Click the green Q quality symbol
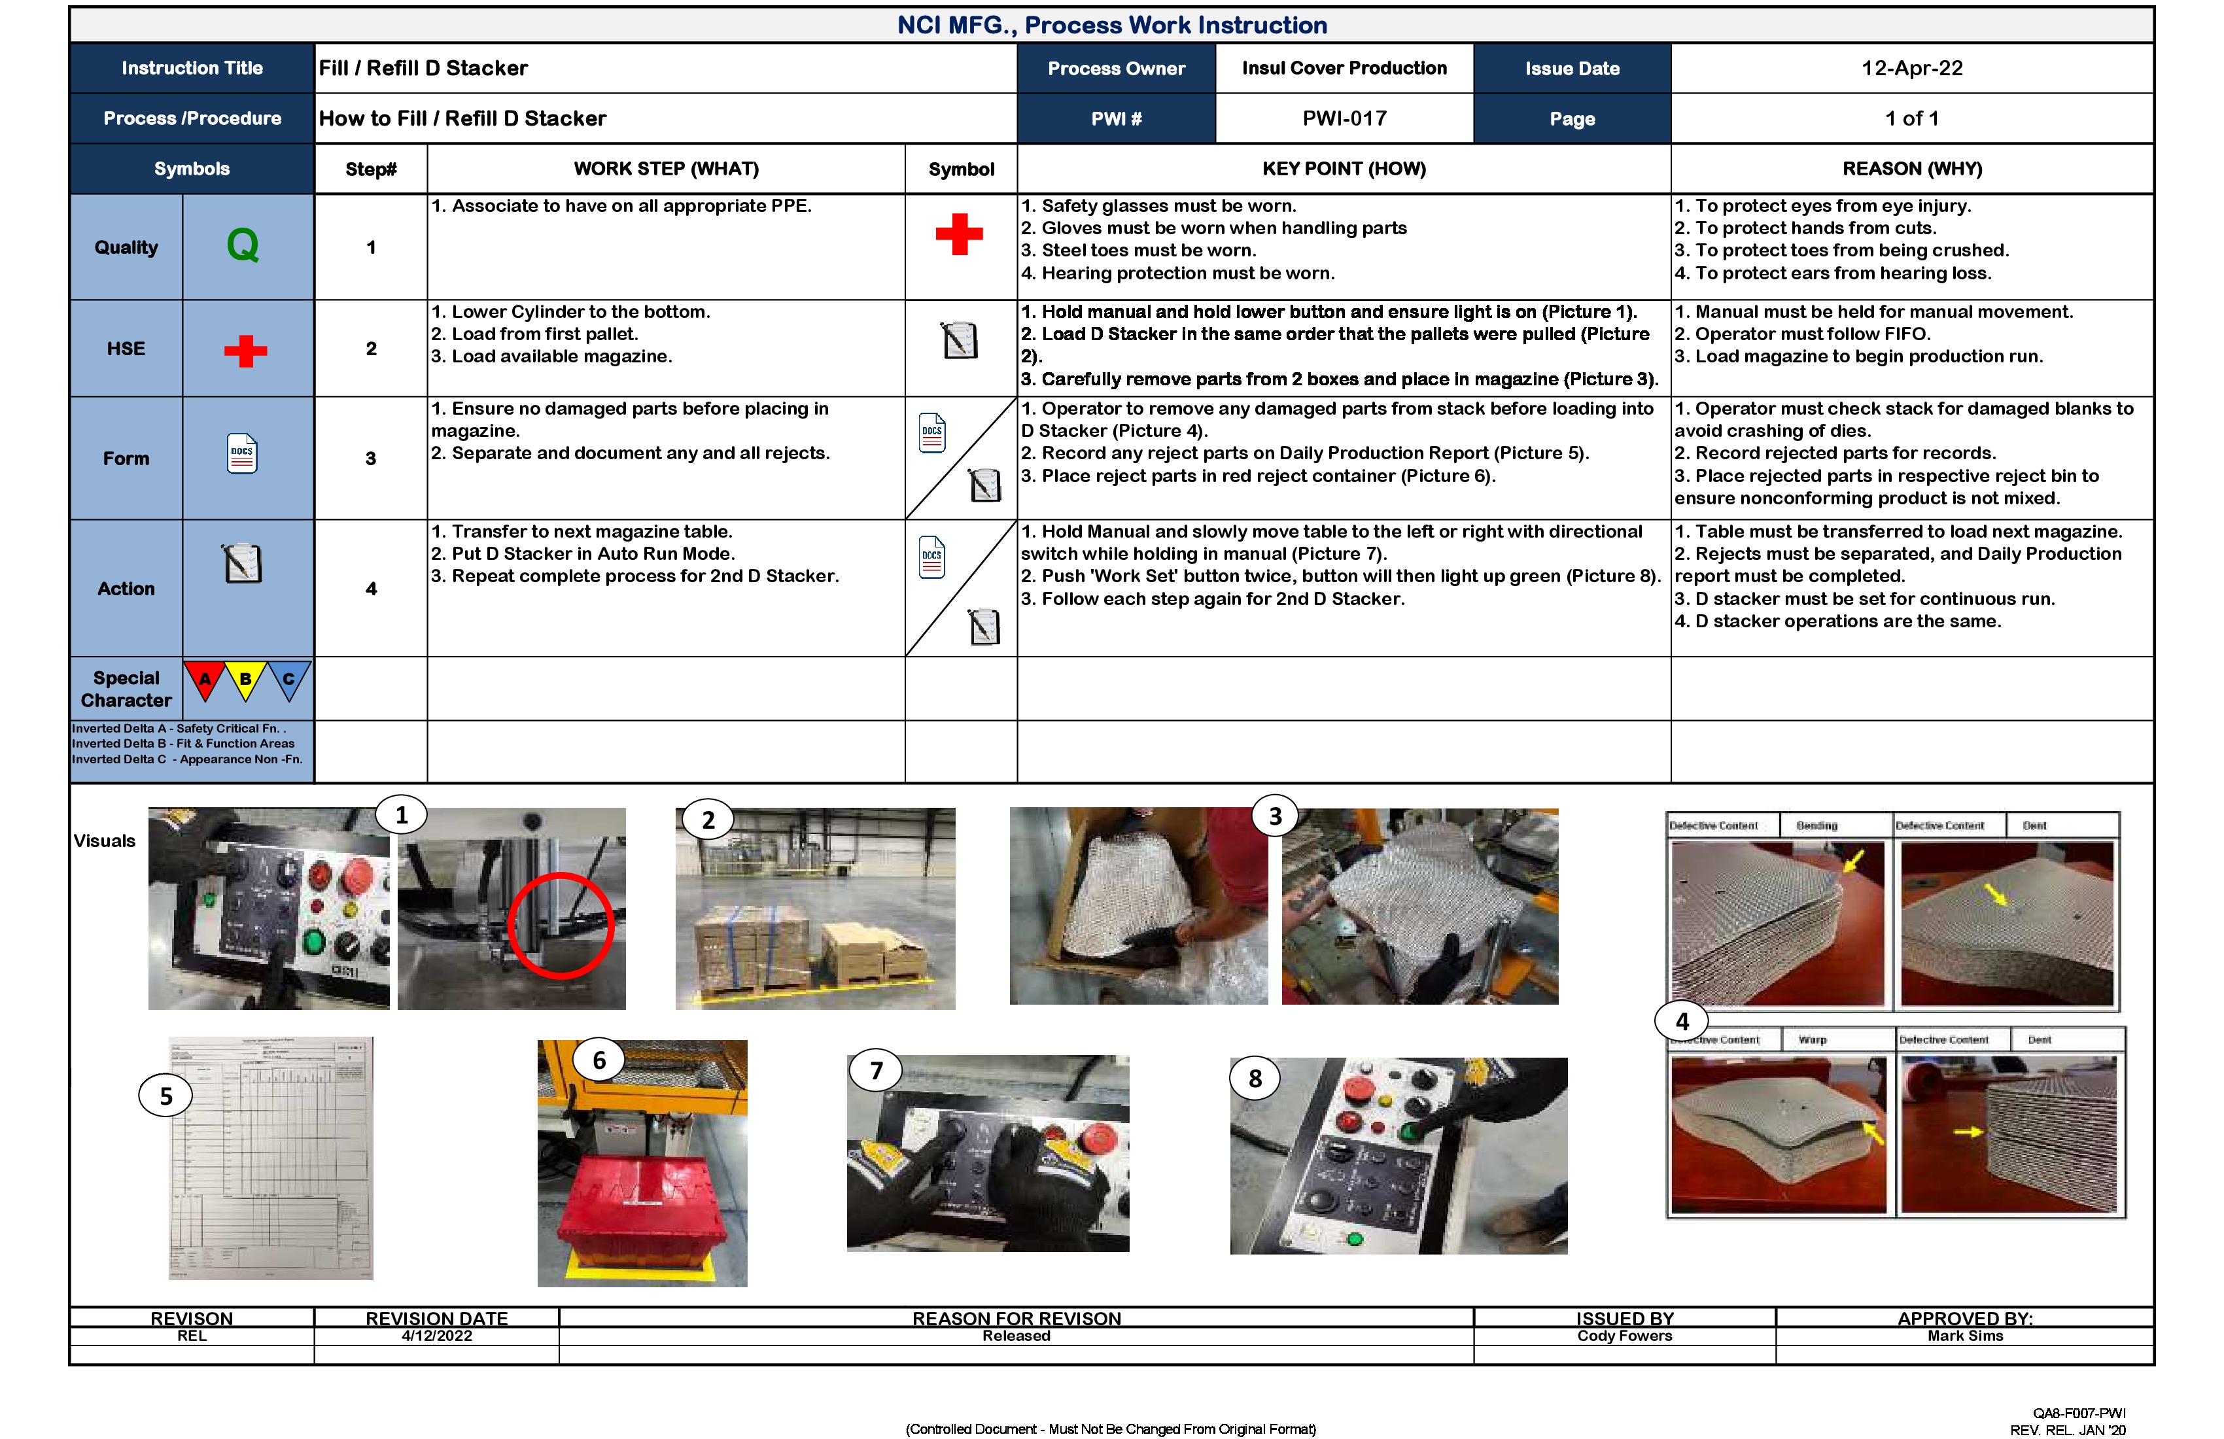[x=243, y=246]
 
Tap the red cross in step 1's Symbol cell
[x=959, y=234]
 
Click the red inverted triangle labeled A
[x=205, y=680]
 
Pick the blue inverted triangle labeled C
[x=288, y=680]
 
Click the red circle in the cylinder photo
[x=561, y=925]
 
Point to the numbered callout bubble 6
[x=599, y=1060]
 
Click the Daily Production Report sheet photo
[x=271, y=1158]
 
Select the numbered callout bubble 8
[x=1255, y=1079]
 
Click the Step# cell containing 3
[x=371, y=459]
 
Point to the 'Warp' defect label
[x=1812, y=1040]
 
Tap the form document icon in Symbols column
[x=242, y=454]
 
